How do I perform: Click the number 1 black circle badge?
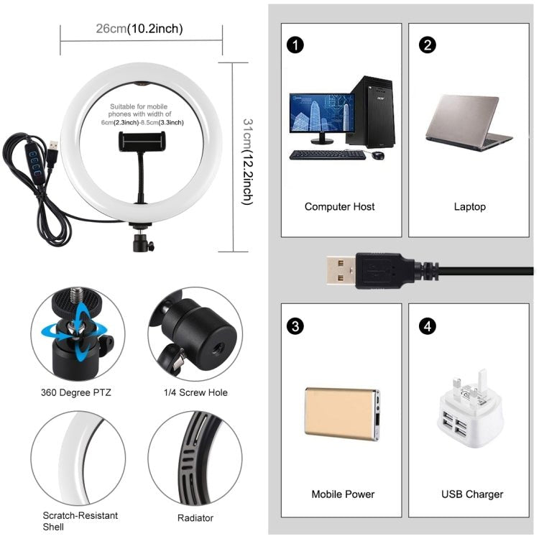point(295,45)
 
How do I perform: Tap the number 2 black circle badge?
point(428,45)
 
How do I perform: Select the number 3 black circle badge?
point(295,326)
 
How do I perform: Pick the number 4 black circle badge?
point(428,326)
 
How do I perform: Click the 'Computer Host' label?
point(339,207)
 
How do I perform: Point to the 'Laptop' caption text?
point(469,207)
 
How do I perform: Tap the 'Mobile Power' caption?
point(343,494)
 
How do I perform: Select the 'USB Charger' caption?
point(471,494)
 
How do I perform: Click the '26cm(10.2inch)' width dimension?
point(139,29)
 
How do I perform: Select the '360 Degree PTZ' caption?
point(76,392)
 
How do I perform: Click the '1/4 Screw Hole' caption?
point(195,392)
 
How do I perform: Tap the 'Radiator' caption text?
point(195,517)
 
